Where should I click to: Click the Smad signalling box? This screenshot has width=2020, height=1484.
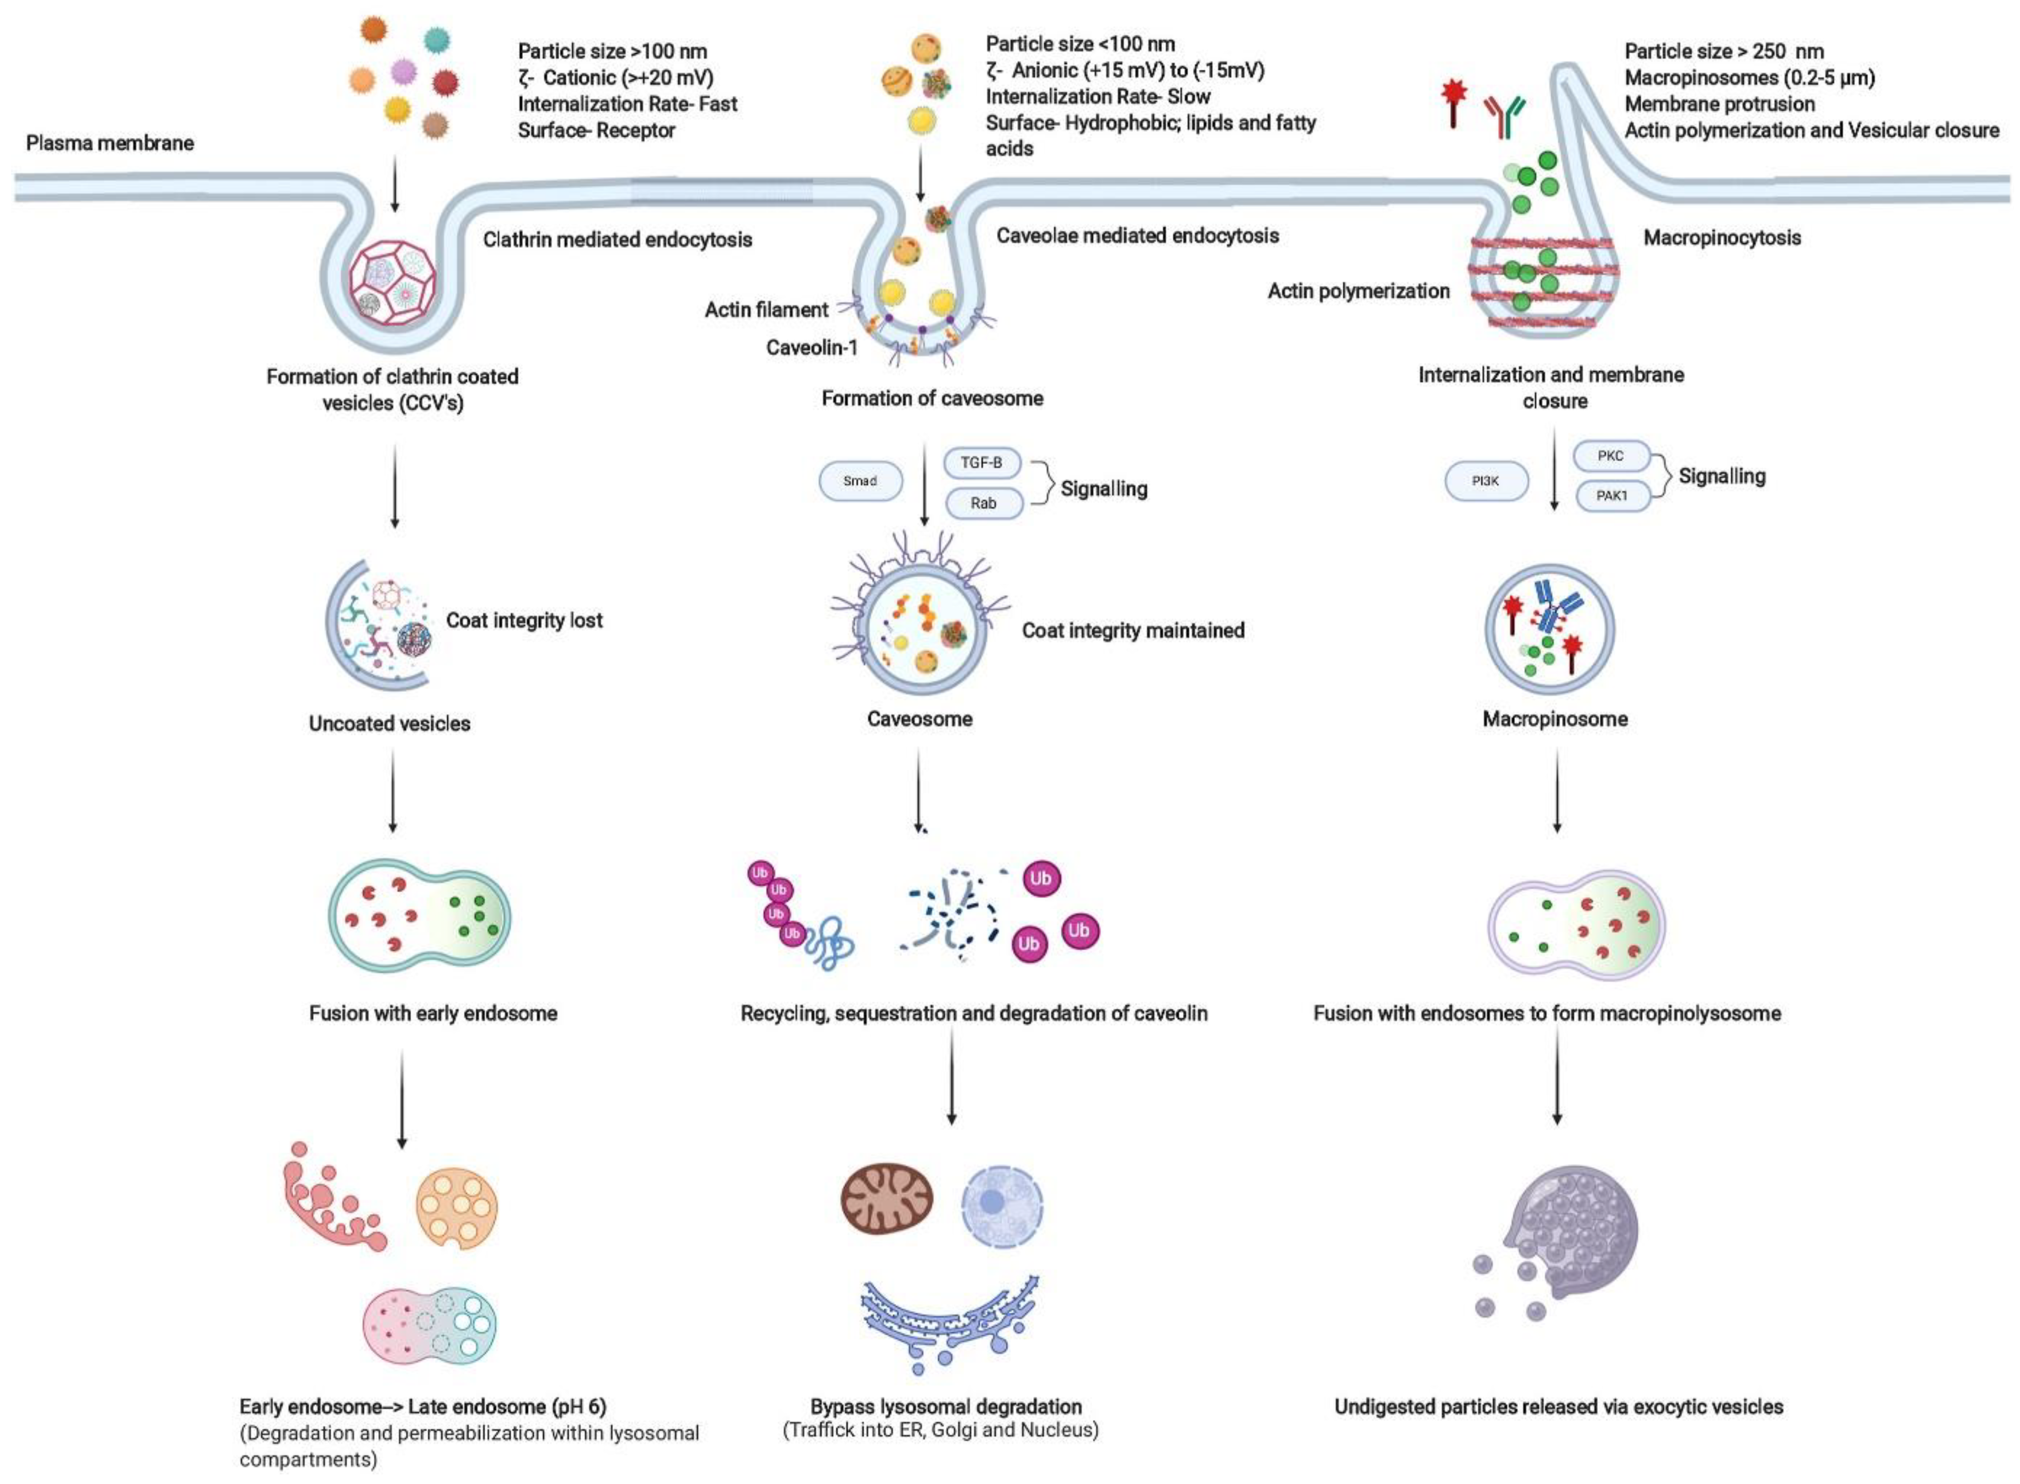[x=860, y=482]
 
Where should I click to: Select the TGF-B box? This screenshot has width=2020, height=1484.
[x=982, y=463]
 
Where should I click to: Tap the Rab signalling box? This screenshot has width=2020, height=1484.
[x=984, y=503]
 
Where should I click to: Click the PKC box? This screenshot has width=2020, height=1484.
[x=1610, y=456]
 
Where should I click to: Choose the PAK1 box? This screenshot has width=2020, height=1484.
[x=1612, y=495]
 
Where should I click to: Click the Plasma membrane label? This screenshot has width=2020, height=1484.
[x=110, y=143]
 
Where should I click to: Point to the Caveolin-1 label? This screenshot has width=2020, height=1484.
[x=811, y=348]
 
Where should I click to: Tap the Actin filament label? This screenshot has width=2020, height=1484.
[x=766, y=310]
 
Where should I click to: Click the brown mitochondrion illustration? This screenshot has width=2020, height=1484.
[x=887, y=1198]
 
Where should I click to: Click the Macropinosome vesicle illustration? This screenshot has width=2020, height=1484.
[x=1549, y=629]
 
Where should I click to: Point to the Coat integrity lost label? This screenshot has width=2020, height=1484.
[x=524, y=620]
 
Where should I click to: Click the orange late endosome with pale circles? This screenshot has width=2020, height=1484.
[x=456, y=1208]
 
